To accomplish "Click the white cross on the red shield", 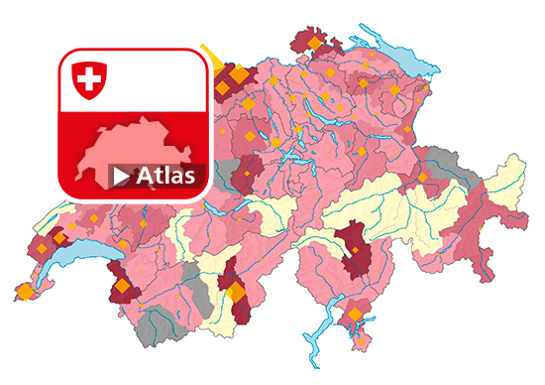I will point(89,77).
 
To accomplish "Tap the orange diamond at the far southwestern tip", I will point(23,292).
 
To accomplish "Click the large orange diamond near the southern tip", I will point(355,315).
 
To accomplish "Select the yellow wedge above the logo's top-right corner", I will point(209,54).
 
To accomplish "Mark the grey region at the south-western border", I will point(154,323).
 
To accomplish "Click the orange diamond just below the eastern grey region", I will point(423,178).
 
